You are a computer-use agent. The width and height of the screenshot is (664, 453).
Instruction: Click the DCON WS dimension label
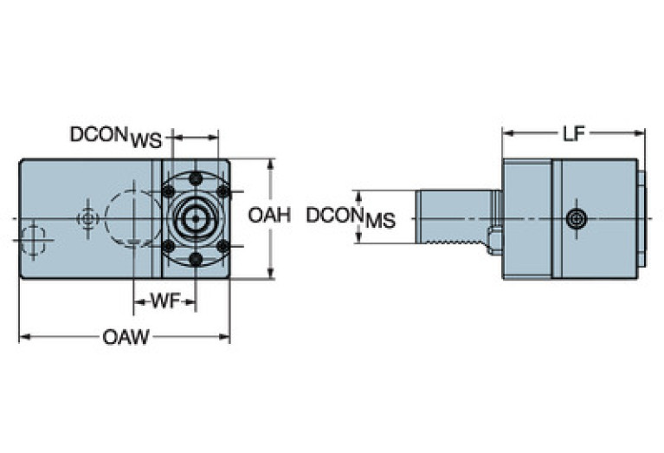[115, 137]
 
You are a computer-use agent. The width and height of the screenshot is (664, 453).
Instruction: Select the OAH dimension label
[269, 216]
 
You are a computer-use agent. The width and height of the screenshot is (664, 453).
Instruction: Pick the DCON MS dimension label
[351, 217]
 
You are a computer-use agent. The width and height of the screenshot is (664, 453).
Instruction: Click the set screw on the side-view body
[577, 219]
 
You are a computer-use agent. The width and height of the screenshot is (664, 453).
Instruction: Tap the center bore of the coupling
[195, 217]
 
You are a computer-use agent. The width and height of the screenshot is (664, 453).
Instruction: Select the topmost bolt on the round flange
[196, 178]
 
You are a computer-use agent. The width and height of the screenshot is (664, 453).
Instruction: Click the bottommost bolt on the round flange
[196, 258]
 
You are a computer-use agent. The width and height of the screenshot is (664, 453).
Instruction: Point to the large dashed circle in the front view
[132, 217]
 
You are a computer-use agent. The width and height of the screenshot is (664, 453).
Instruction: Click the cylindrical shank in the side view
[454, 220]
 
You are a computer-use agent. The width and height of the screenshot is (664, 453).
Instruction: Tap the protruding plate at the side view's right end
[641, 219]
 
